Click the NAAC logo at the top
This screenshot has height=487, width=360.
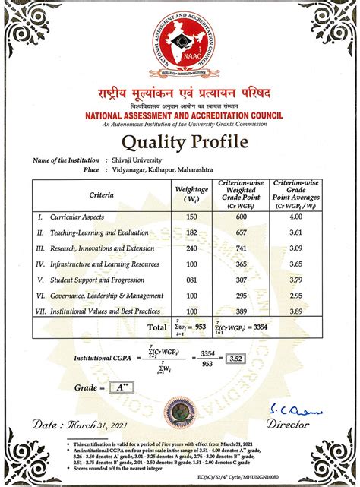tap(180, 47)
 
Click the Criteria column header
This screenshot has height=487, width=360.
tap(102, 195)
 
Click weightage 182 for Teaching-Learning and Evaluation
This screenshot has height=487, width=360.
tap(191, 232)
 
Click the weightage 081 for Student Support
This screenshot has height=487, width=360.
tap(191, 280)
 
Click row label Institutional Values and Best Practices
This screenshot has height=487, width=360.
tap(106, 311)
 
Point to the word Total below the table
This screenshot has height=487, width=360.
tap(157, 328)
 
